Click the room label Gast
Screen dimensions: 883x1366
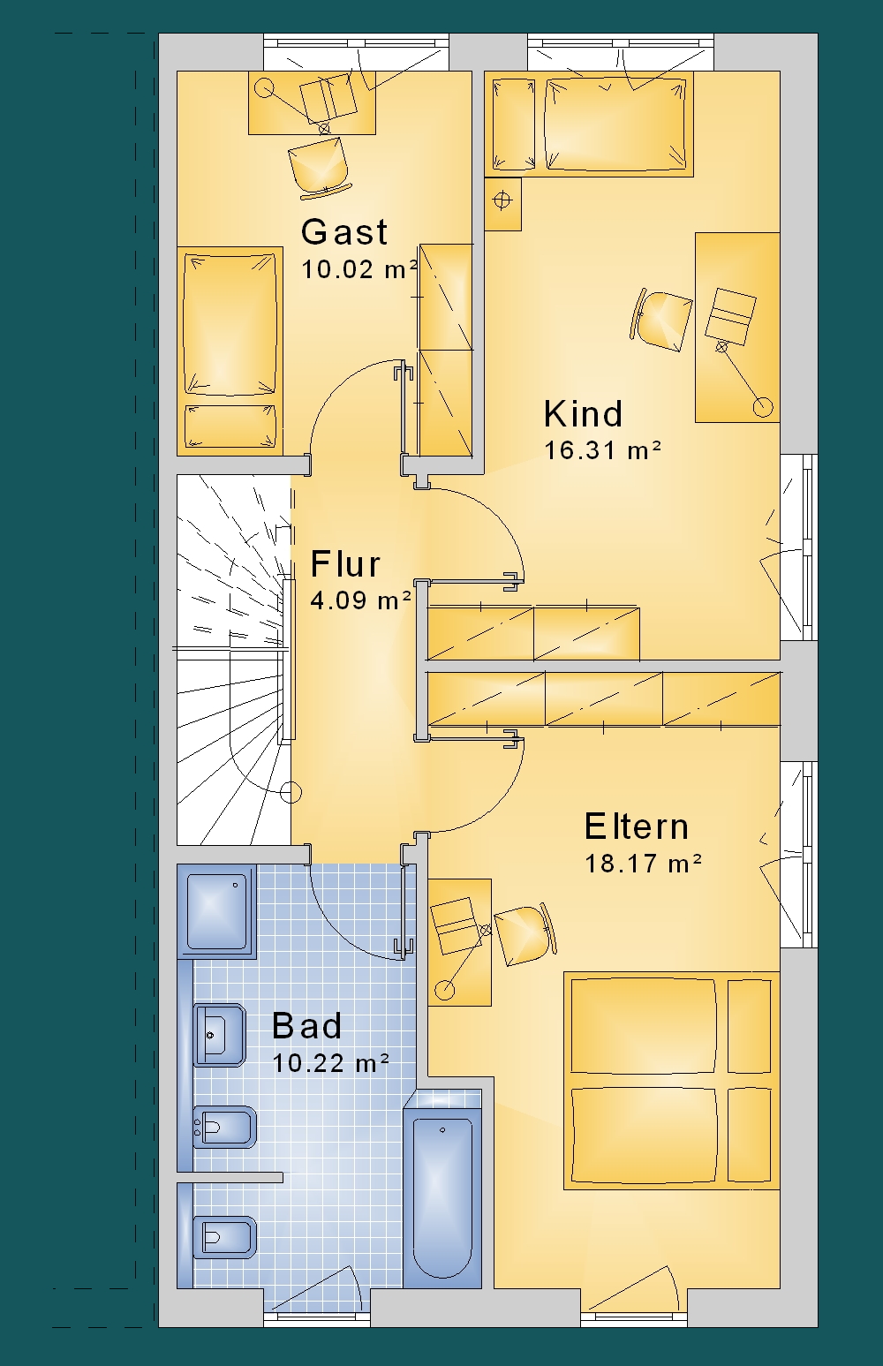344,232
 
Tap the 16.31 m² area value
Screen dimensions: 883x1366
602,450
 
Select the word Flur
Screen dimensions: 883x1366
345,564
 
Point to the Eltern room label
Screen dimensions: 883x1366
637,826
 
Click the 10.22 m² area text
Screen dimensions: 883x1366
330,1063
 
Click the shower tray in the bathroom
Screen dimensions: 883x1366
216,911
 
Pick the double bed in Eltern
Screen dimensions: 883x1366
671,1080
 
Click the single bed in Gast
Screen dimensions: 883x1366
230,351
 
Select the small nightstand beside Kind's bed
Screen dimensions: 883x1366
503,204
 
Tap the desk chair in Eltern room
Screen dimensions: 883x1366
524,933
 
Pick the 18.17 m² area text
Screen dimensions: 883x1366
644,864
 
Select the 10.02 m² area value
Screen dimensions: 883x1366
359,269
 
